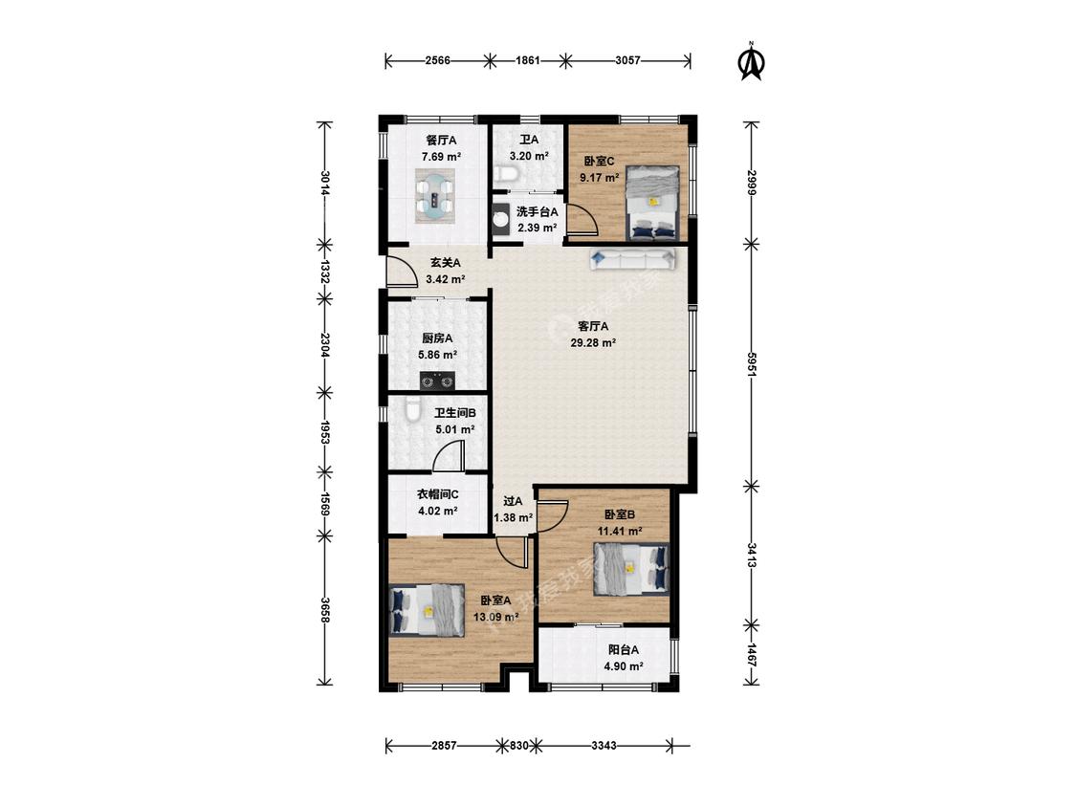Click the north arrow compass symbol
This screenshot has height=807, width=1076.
[752, 62]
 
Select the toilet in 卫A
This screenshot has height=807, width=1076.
[506, 174]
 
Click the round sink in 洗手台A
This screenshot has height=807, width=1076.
[501, 219]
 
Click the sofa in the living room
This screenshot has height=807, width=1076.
[632, 259]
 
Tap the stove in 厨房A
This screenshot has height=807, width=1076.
[438, 380]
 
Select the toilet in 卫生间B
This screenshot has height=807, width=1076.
[412, 409]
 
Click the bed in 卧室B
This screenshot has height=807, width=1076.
[631, 570]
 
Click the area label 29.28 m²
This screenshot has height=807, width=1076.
[593, 342]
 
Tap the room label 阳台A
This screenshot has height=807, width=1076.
[624, 649]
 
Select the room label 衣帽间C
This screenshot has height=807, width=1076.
[438, 494]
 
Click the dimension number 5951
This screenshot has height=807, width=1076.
[752, 364]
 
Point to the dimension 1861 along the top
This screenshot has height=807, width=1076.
[527, 60]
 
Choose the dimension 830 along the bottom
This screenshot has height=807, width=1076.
[518, 745]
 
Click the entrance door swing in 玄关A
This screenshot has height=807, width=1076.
[402, 272]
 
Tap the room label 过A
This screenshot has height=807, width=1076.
[513, 502]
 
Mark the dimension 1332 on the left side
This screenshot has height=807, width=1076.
[324, 271]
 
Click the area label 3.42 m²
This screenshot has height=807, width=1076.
[446, 279]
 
